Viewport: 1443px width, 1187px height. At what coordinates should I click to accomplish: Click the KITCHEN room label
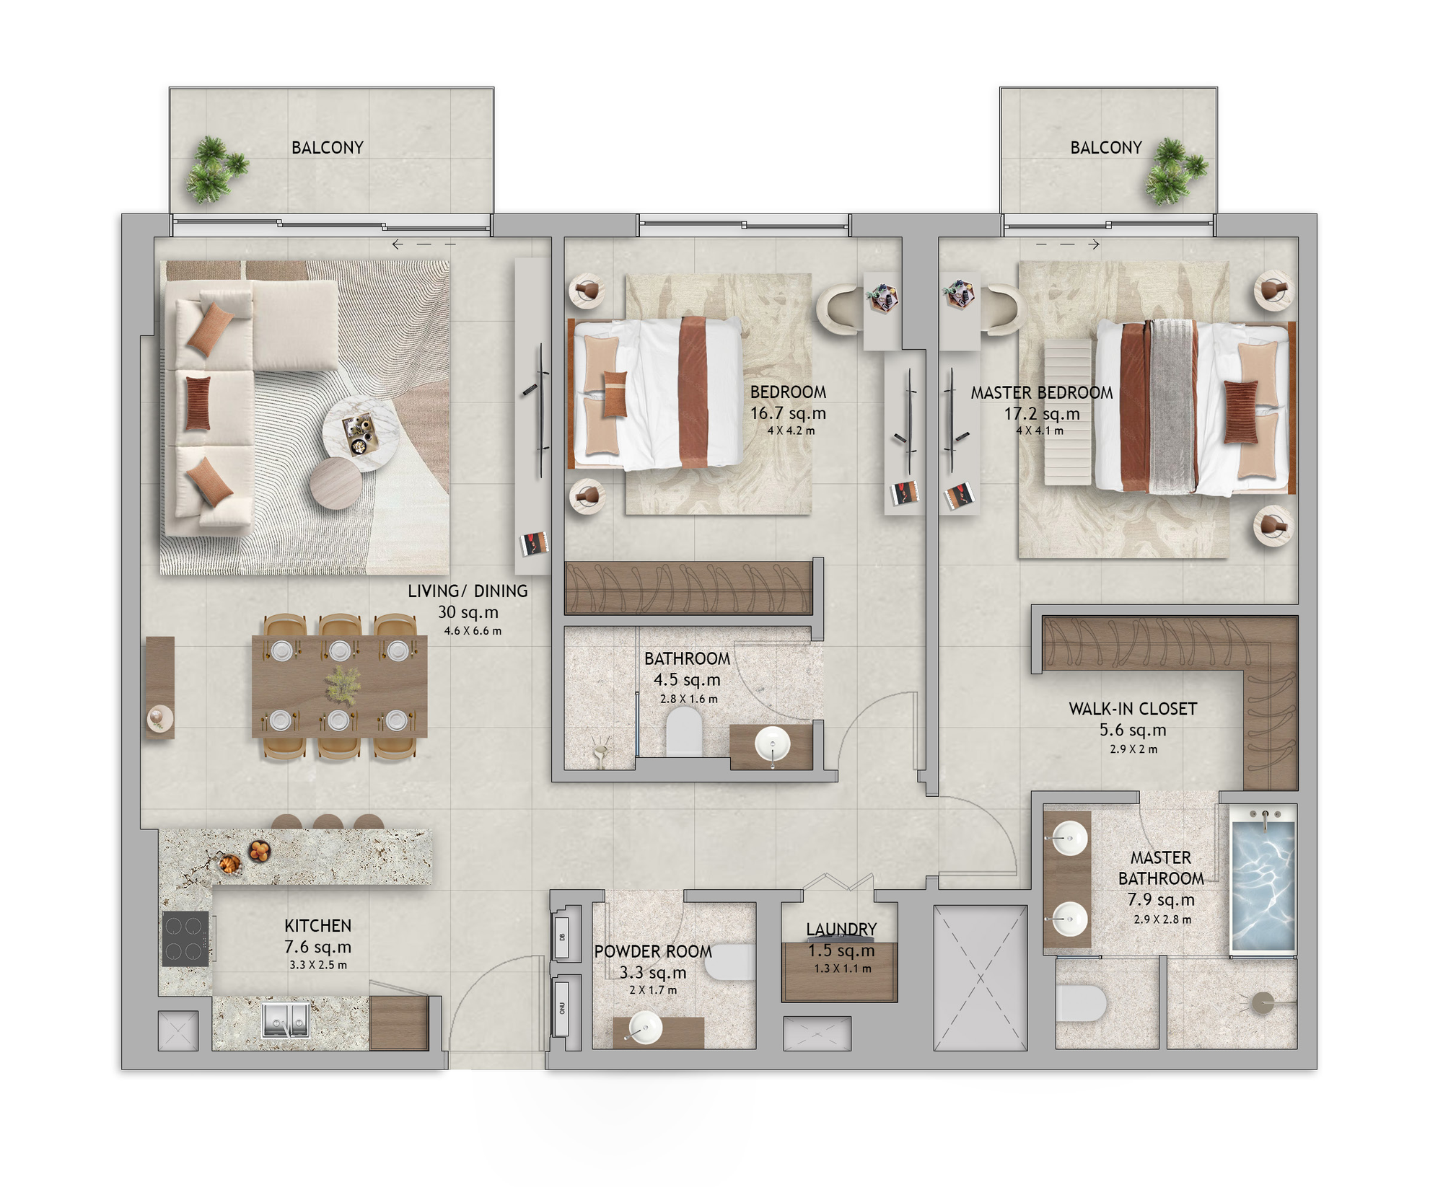pyautogui.click(x=317, y=925)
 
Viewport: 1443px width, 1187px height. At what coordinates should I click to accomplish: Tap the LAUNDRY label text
pyautogui.click(x=841, y=929)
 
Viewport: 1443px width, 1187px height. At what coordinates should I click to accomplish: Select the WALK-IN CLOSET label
pyautogui.click(x=1133, y=709)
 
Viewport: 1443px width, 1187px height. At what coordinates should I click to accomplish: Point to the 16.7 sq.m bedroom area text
pyautogui.click(x=788, y=413)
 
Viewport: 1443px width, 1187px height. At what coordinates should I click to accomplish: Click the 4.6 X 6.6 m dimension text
pyautogui.click(x=473, y=631)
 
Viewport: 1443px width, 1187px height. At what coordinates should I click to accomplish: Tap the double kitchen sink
pyautogui.click(x=286, y=1019)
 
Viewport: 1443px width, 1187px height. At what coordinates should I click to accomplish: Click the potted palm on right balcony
pyautogui.click(x=1176, y=172)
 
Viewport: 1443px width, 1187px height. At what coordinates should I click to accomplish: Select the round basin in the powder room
pyautogui.click(x=645, y=1028)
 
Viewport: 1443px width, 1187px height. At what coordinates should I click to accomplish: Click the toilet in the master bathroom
pyautogui.click(x=1081, y=1004)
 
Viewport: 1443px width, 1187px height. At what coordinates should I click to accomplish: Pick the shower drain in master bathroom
pyautogui.click(x=1263, y=1002)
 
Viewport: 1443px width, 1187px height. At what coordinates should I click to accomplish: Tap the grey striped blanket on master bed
pyautogui.click(x=1172, y=407)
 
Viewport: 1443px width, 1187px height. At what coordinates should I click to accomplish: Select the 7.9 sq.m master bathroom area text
pyautogui.click(x=1161, y=900)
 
